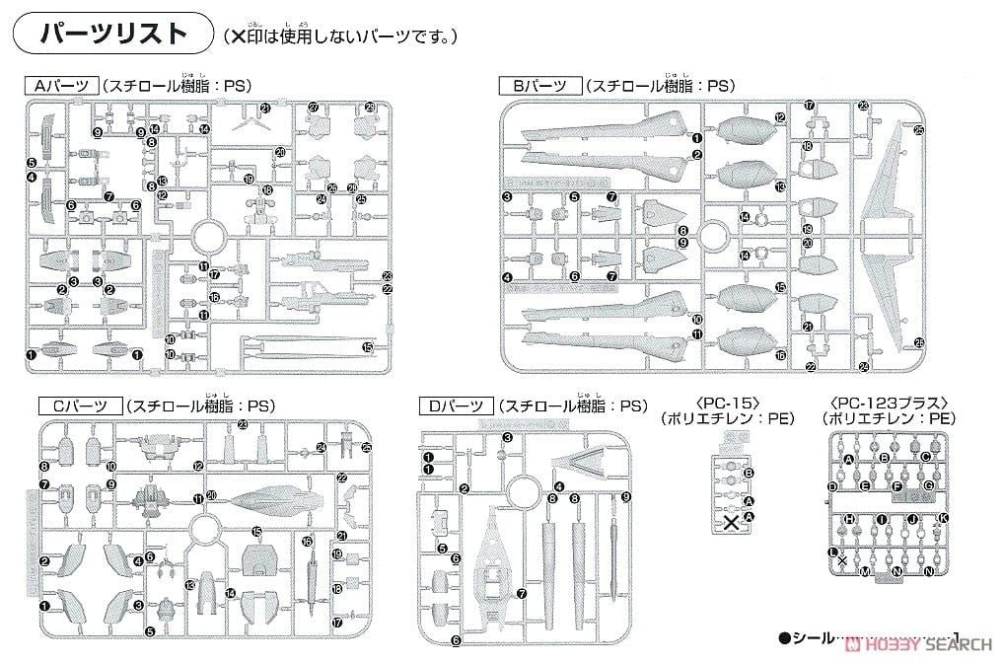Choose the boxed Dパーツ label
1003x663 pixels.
(450, 405)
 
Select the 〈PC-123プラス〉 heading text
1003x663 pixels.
(889, 403)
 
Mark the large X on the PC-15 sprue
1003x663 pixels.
(731, 523)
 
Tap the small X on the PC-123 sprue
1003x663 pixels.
(842, 559)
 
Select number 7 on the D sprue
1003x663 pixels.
(521, 593)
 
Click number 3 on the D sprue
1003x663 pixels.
(507, 438)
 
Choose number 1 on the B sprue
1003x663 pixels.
(696, 138)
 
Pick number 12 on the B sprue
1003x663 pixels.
(780, 117)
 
